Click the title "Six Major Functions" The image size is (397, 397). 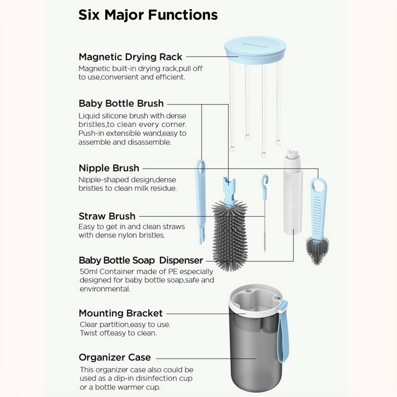pyautogui.click(x=148, y=15)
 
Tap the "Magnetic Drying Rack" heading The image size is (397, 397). pyautogui.click(x=130, y=57)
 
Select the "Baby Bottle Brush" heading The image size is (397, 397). pyautogui.click(x=121, y=104)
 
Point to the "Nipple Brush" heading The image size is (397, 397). pyautogui.click(x=109, y=168)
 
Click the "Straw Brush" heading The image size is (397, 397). pyautogui.click(x=107, y=216)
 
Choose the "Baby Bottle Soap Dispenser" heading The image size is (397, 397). pyautogui.click(x=141, y=260)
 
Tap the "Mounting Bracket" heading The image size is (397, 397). pyautogui.click(x=121, y=313)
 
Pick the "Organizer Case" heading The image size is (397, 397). pyautogui.click(x=115, y=357)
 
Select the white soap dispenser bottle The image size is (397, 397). pyautogui.click(x=293, y=202)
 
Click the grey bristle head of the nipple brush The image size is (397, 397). pyautogui.click(x=317, y=250)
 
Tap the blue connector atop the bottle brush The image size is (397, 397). pyautogui.click(x=229, y=190)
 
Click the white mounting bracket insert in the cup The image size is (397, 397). pyautogui.click(x=256, y=300)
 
